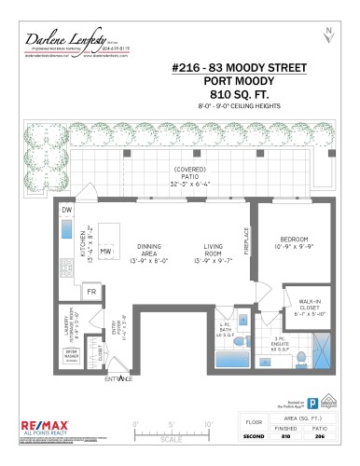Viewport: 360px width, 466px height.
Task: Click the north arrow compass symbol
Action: coord(327,35)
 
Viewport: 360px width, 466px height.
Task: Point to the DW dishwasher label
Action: coord(66,211)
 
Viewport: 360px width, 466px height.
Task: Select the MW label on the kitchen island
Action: coord(106,252)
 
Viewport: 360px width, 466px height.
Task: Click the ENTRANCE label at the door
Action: coord(118,378)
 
